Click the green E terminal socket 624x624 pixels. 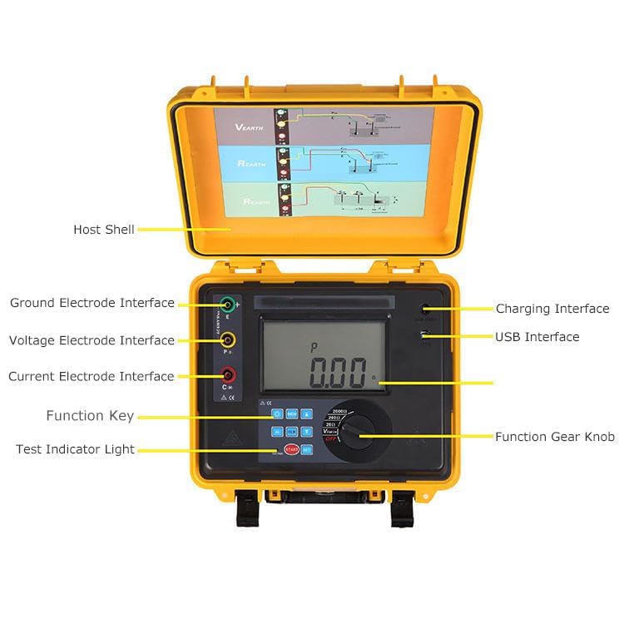pos(227,305)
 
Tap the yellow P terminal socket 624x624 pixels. pos(227,339)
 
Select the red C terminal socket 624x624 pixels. pos(227,375)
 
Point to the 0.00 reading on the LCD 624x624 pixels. pos(337,374)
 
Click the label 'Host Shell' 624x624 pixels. pos(103,230)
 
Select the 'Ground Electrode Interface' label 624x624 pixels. pos(92,303)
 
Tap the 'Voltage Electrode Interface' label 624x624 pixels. pos(92,340)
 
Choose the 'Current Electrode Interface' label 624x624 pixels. pos(92,376)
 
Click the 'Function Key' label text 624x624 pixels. pos(90,416)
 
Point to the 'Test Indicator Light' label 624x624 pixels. pos(75,449)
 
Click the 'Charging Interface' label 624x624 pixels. pos(552,309)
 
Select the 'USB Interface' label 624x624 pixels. pos(537,337)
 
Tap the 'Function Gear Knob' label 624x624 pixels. pos(555,437)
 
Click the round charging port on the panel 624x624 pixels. pos(425,309)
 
